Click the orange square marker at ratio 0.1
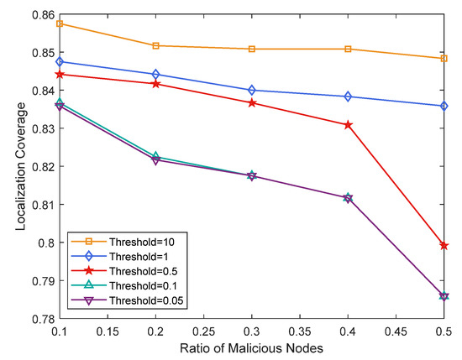pyautogui.click(x=60, y=23)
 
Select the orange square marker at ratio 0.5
pyautogui.click(x=444, y=59)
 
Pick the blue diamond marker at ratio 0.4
pyautogui.click(x=348, y=97)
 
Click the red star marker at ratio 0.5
pyautogui.click(x=444, y=245)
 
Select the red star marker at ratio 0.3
pyautogui.click(x=252, y=102)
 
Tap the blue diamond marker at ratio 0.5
pyautogui.click(x=444, y=106)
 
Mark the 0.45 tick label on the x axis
pyautogui.click(x=396, y=331)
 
